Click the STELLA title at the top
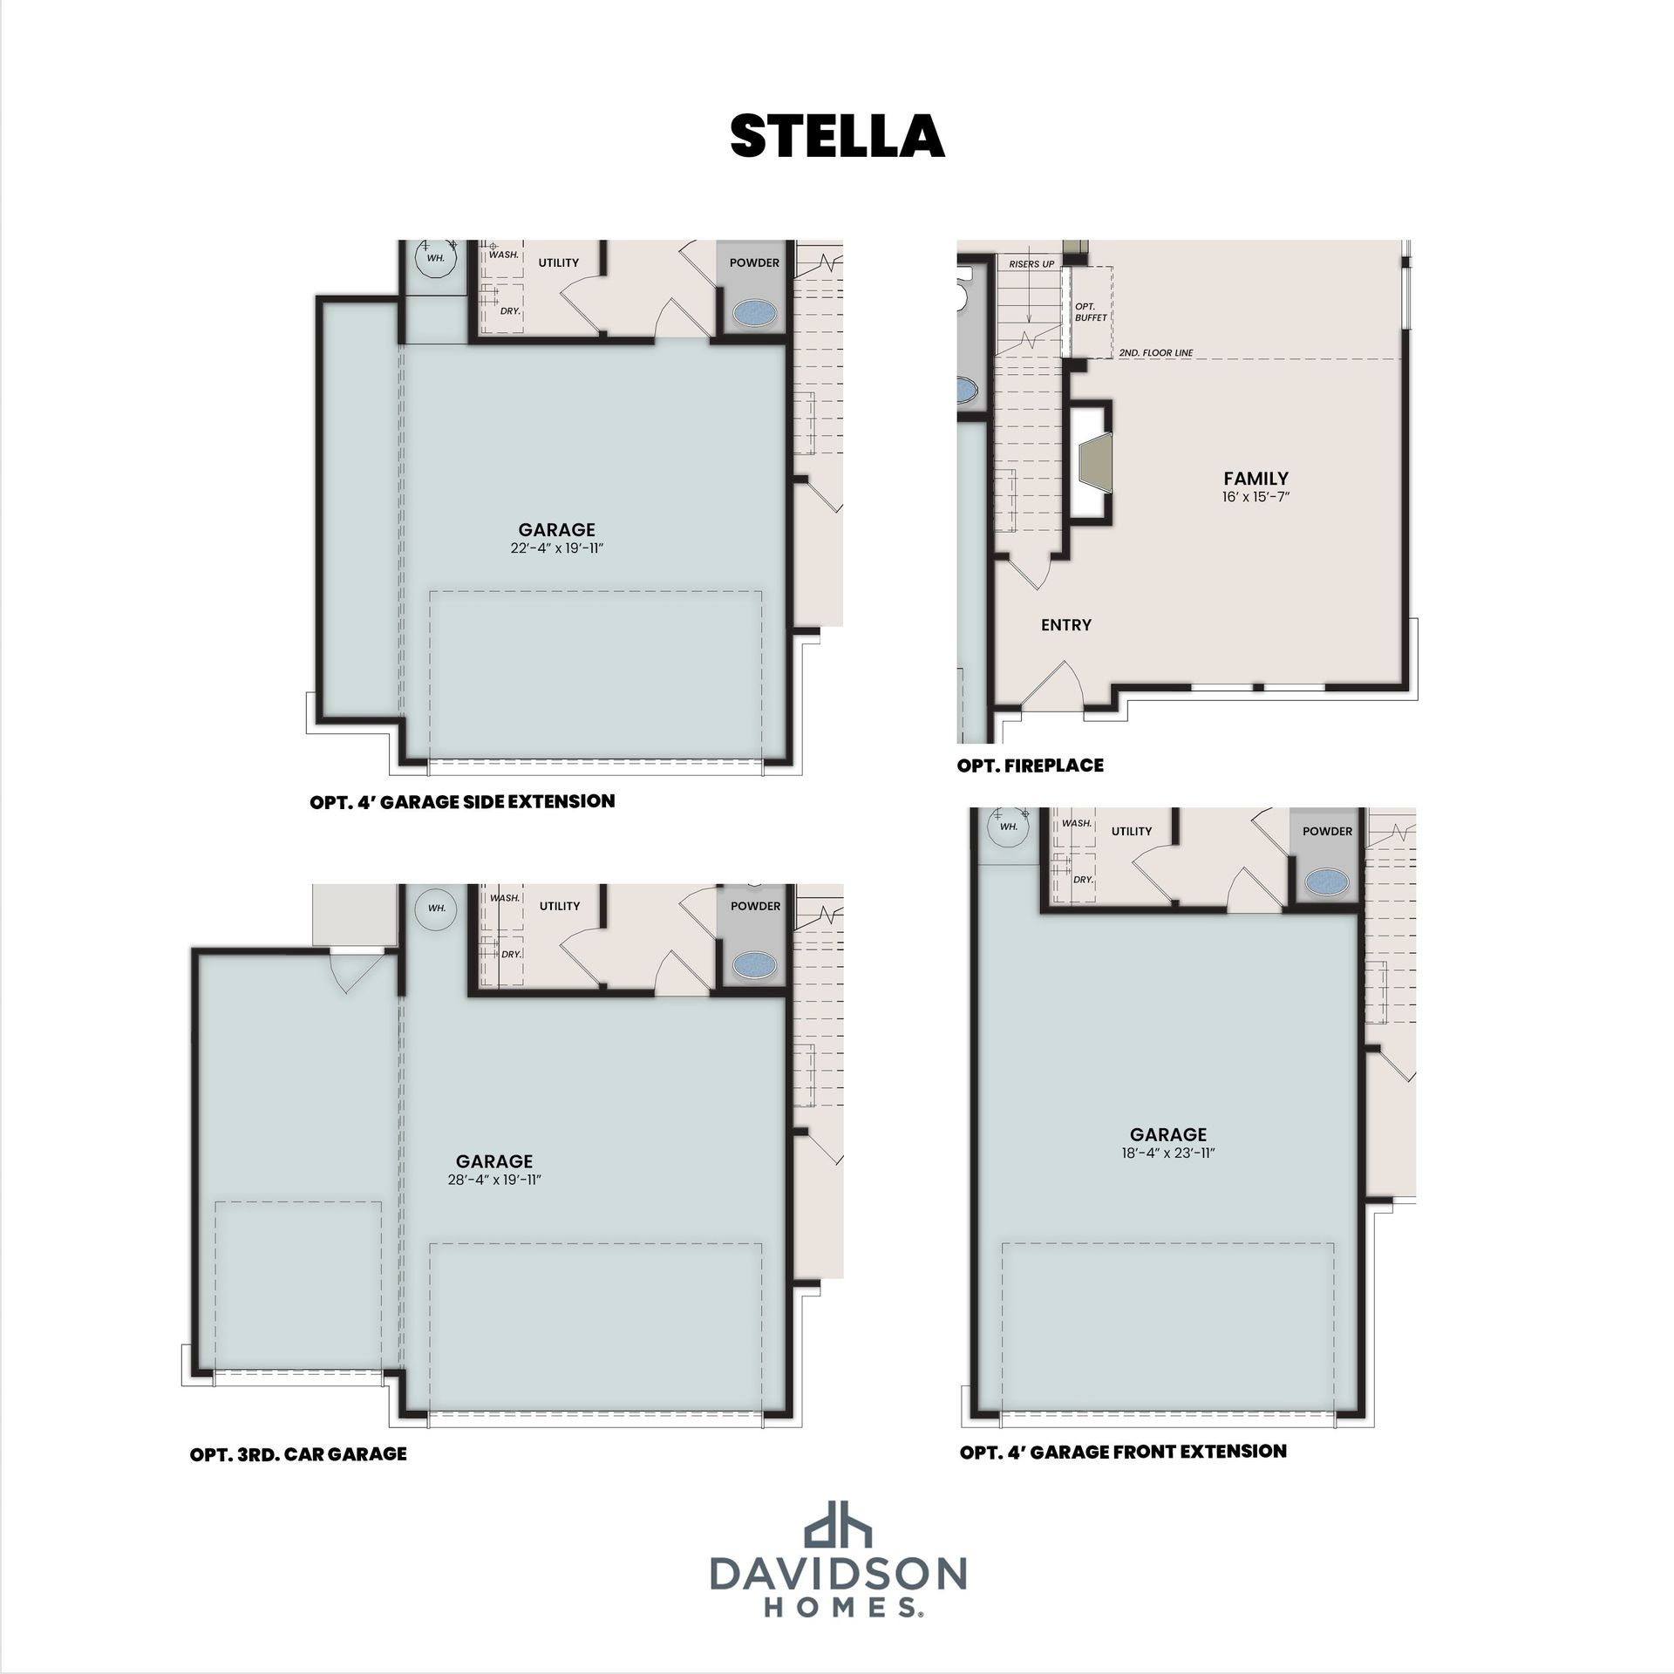(x=837, y=136)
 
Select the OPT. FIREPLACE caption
(x=1030, y=766)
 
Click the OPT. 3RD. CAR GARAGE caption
(x=298, y=1453)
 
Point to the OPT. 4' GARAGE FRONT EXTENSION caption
(x=1123, y=1451)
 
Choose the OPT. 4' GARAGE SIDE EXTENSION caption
(x=462, y=800)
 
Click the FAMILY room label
(x=1255, y=478)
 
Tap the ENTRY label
(x=1065, y=624)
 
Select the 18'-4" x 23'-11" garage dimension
(x=1168, y=1153)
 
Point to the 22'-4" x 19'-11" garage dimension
(x=556, y=548)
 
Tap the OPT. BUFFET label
(x=1090, y=312)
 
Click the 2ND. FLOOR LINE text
(x=1156, y=353)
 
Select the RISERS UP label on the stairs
(x=1031, y=263)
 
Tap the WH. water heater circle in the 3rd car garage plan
(x=436, y=908)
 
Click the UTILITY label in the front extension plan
(x=1131, y=831)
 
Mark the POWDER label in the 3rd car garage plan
(x=755, y=906)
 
